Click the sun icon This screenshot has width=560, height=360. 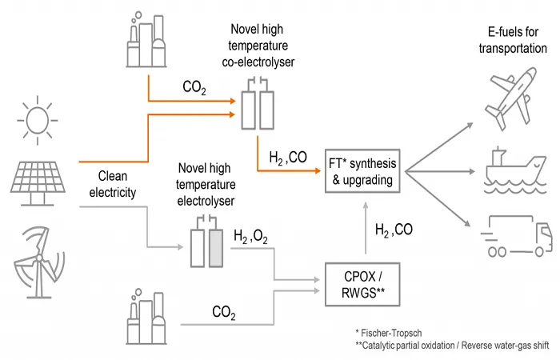coord(37,120)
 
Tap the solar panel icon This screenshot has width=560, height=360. coord(38,183)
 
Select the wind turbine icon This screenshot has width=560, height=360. coord(39,262)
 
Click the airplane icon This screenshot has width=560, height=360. coord(511,98)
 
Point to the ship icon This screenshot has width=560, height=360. coord(515,170)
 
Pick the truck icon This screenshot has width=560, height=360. coord(517,235)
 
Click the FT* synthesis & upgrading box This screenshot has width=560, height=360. coord(362,171)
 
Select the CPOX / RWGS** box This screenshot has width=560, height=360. coord(362,285)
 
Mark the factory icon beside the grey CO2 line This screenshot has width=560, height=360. coord(146,317)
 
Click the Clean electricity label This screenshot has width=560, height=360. coord(113,184)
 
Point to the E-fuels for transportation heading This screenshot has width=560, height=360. coord(513,40)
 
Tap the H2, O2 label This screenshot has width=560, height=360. coord(250,237)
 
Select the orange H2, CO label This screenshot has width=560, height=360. coord(288,158)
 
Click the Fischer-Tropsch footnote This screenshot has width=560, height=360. coord(389,334)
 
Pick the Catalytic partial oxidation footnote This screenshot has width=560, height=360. coord(452,346)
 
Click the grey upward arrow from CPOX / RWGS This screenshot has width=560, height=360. coord(366,228)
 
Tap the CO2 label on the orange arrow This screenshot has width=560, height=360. coord(194,87)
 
